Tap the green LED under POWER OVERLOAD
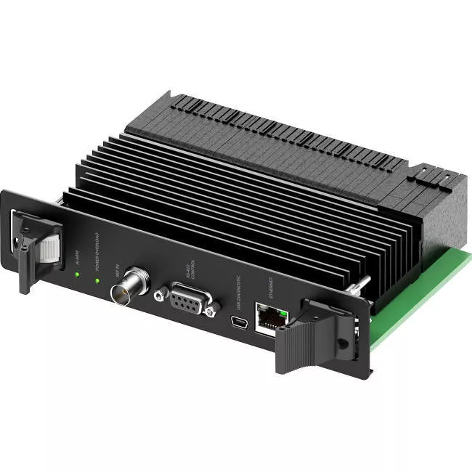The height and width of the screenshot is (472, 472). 97,280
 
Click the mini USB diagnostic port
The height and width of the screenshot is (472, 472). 236,320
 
